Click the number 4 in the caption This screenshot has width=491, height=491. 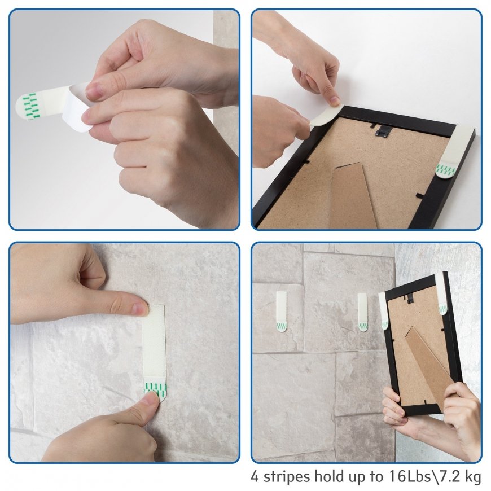(x=256, y=476)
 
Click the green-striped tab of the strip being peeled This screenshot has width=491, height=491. (x=30, y=106)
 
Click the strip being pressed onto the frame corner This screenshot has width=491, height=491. (x=326, y=115)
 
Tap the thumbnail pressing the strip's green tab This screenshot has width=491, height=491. (x=152, y=398)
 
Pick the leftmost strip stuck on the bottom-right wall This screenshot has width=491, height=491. (x=281, y=311)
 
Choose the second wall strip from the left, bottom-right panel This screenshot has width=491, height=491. (x=363, y=312)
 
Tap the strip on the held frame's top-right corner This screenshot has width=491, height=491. (x=442, y=293)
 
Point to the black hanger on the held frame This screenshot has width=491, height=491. (x=410, y=299)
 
